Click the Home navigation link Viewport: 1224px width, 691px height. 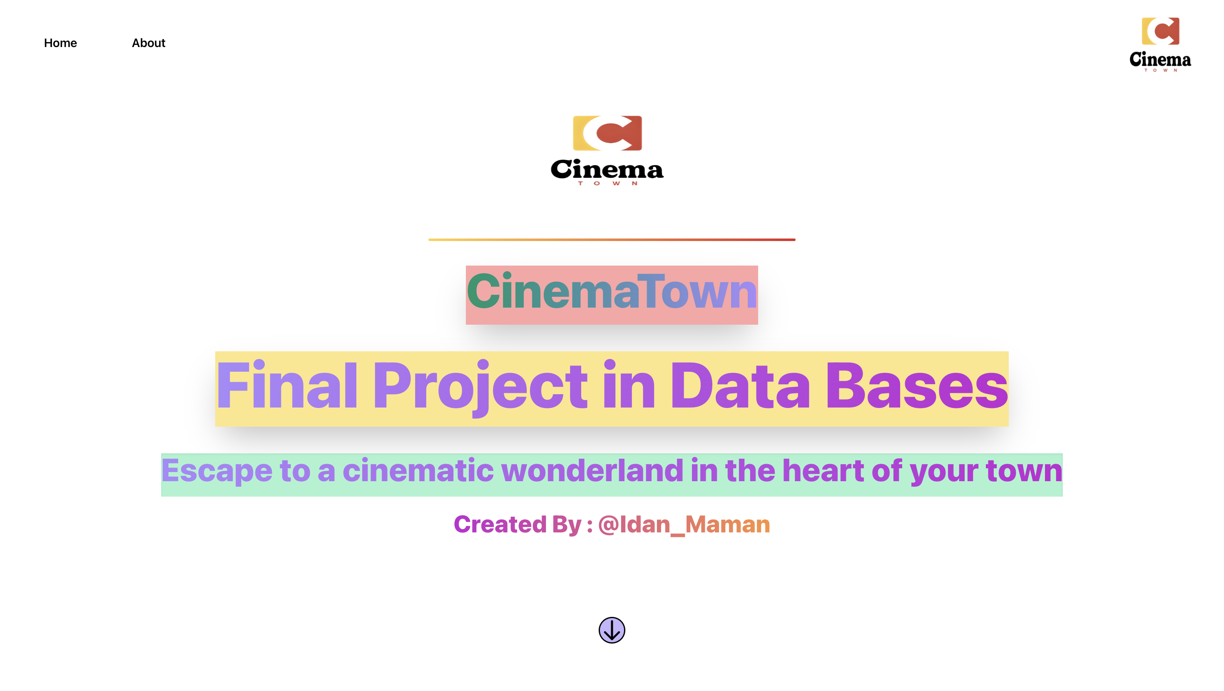point(60,43)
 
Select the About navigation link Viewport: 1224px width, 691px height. point(148,43)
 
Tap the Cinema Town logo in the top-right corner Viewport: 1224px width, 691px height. point(1160,44)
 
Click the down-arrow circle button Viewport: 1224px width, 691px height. point(612,630)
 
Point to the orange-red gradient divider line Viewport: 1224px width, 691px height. point(612,239)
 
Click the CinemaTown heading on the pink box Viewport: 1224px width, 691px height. point(612,292)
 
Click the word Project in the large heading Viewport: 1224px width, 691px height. point(480,386)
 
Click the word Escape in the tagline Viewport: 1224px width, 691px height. point(216,470)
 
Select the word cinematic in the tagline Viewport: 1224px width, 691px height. point(418,470)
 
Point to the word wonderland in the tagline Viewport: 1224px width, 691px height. point(592,470)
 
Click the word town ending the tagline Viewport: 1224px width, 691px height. point(1024,470)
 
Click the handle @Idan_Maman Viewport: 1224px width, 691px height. point(684,524)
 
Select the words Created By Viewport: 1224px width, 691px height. point(517,524)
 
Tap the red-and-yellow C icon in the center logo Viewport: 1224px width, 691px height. point(607,133)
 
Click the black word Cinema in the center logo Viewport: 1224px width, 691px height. point(607,170)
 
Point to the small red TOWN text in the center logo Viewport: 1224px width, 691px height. point(607,184)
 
